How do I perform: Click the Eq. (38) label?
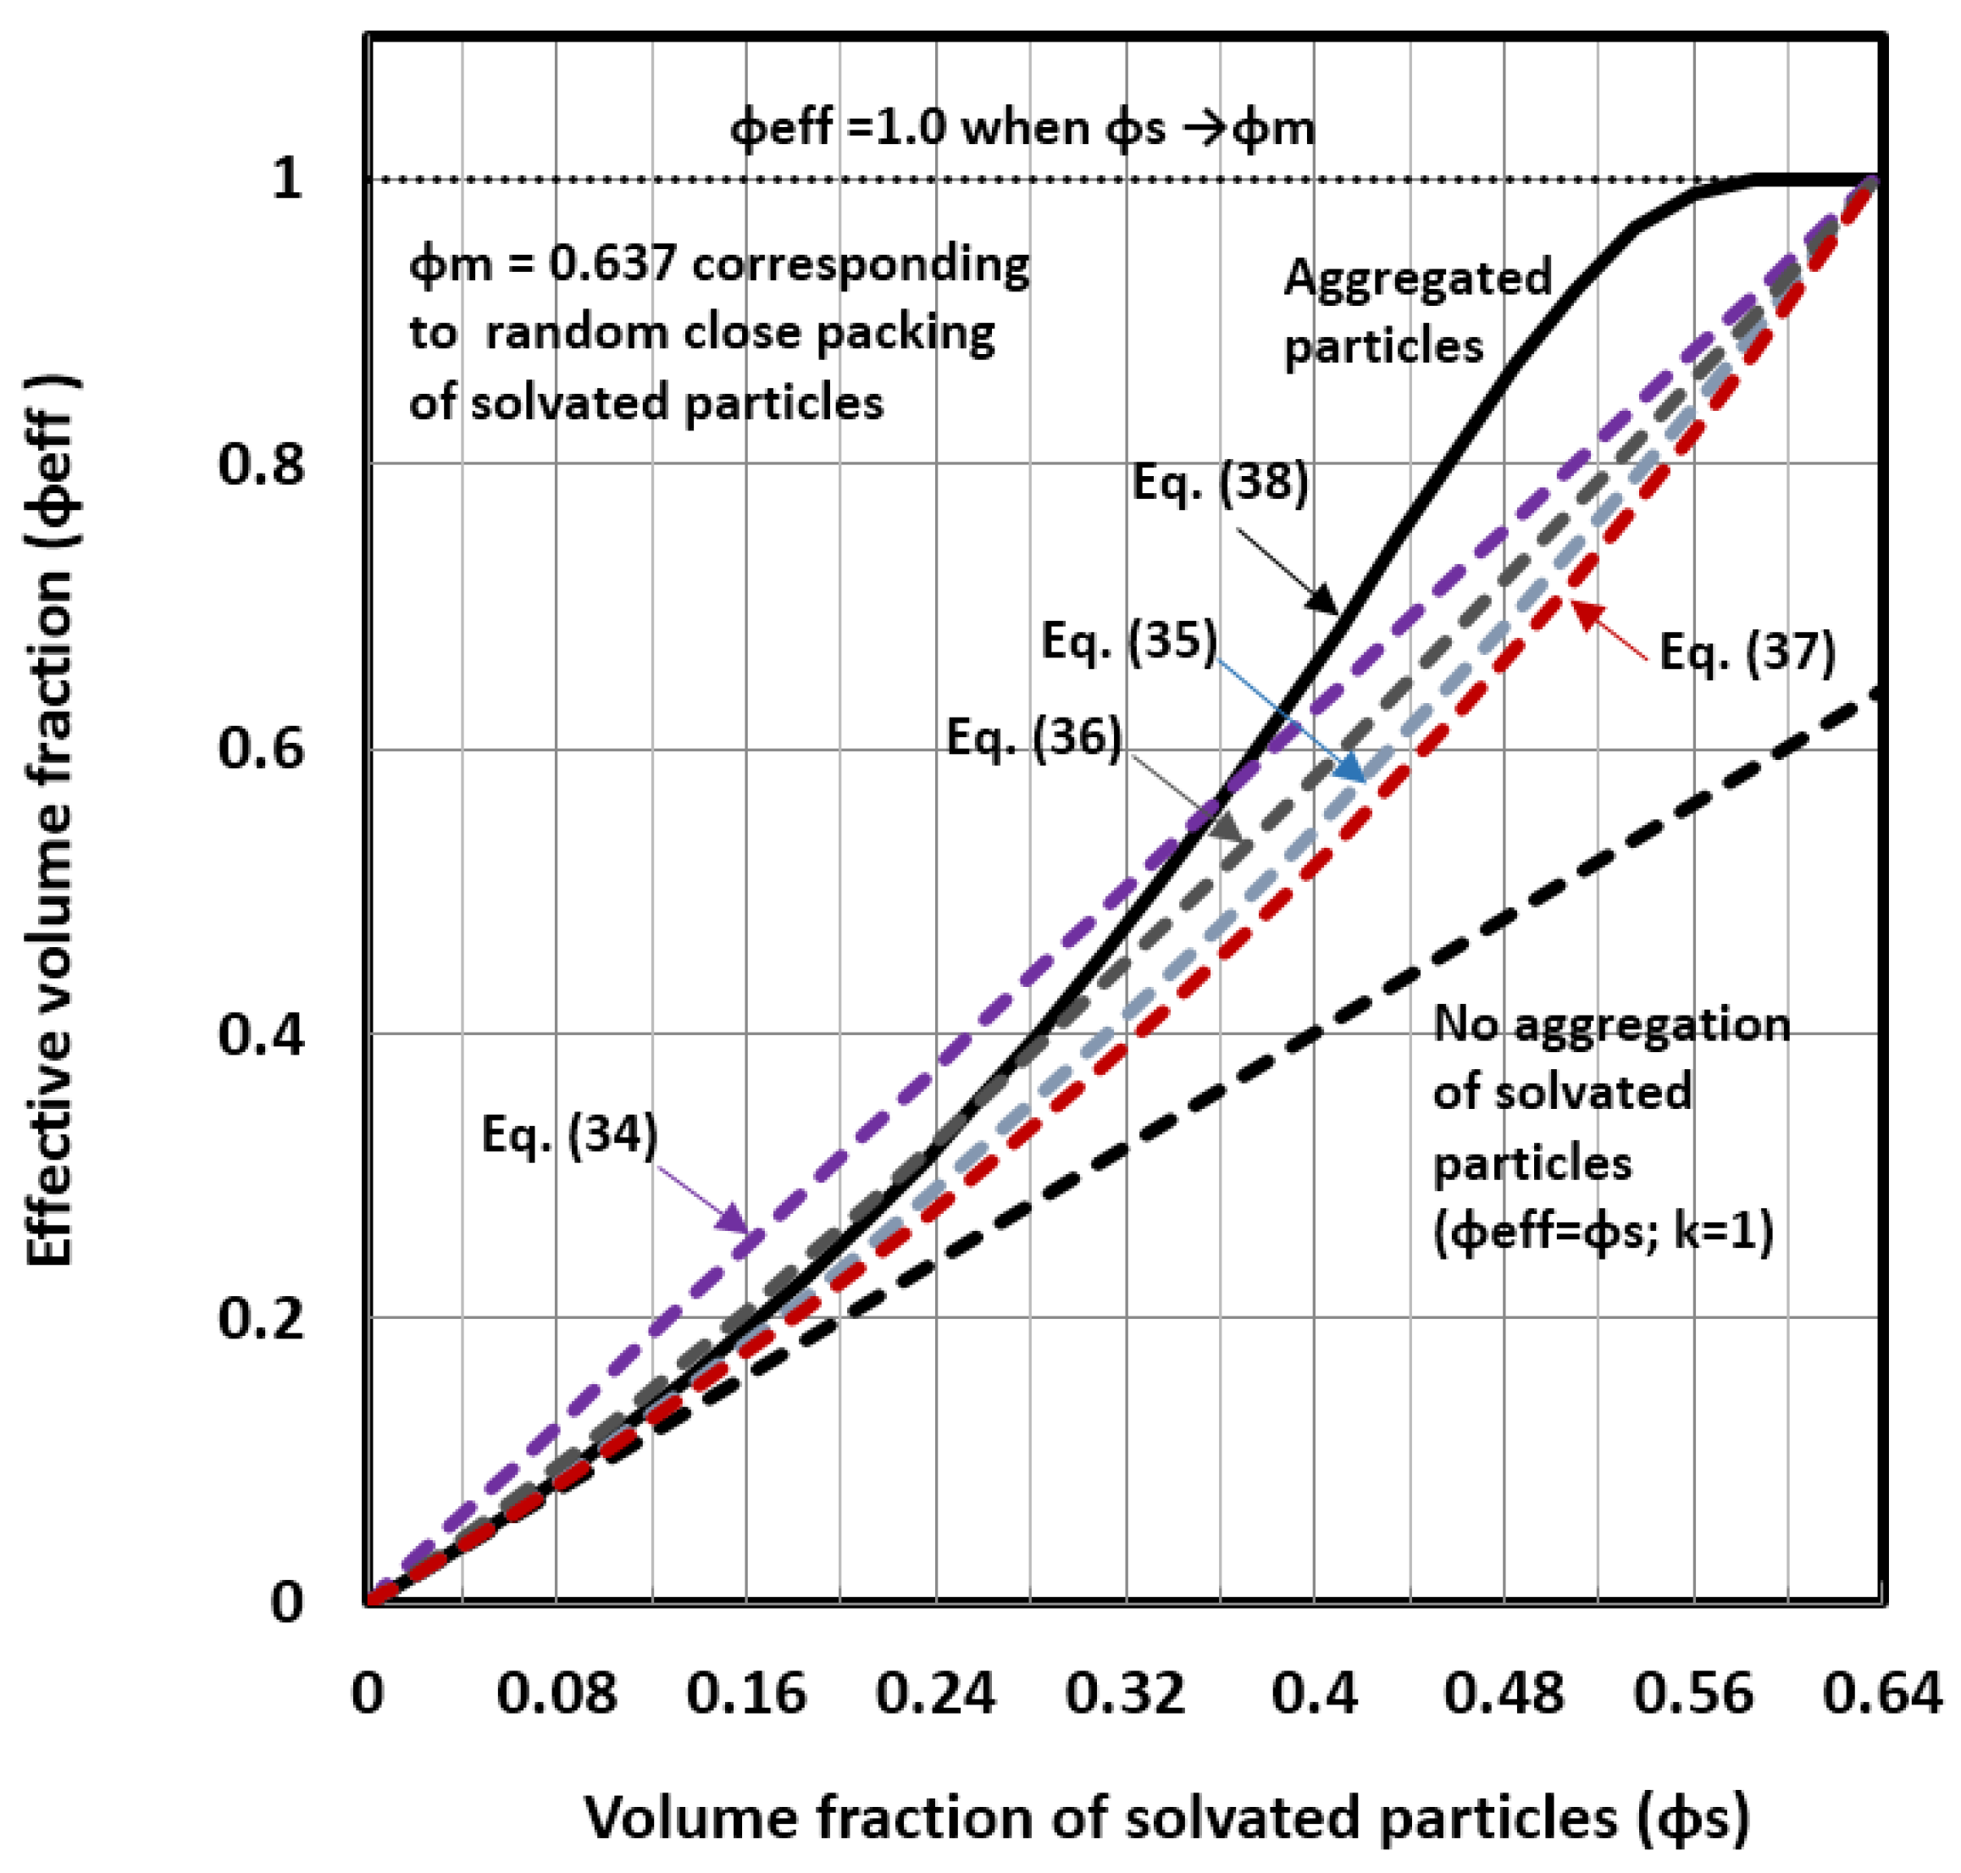point(1219,483)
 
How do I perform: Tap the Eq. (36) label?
point(1034,738)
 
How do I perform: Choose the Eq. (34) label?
point(569,1134)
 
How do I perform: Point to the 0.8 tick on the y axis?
point(261,464)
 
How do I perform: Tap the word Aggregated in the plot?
point(1417,278)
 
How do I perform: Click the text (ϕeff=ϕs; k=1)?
point(1604,1232)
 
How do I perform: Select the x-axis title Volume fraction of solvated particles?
point(1166,1817)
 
